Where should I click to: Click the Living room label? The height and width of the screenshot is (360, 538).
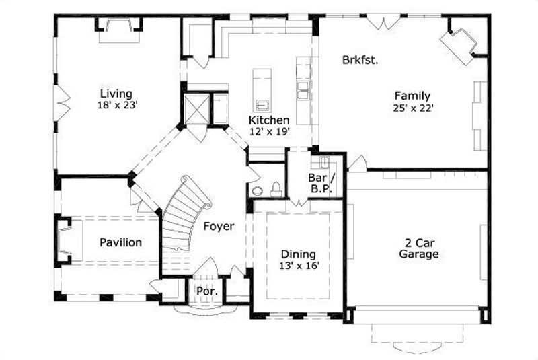[116, 94]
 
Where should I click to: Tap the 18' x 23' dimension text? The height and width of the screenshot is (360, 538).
[117, 105]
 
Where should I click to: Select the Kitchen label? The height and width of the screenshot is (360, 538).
[269, 120]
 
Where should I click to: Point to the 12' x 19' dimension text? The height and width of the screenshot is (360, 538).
[269, 131]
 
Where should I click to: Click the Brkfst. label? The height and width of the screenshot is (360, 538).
[360, 59]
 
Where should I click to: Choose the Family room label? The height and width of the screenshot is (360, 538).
[412, 96]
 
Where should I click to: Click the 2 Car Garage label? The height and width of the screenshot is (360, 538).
[418, 248]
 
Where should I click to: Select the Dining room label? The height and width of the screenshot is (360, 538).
[298, 254]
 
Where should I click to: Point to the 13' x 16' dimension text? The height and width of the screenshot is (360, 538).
[299, 266]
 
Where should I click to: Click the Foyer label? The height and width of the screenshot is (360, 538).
[219, 227]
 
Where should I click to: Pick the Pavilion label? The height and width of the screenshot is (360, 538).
[121, 242]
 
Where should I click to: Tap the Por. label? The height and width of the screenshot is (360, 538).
[204, 291]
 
